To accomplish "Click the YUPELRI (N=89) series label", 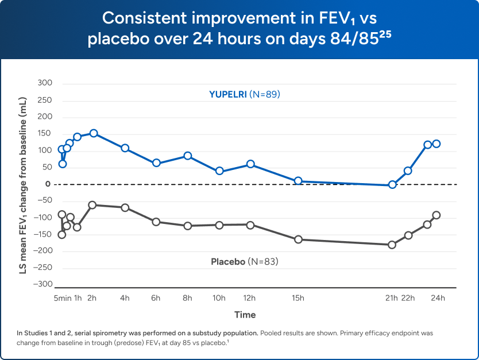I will (x=244, y=94).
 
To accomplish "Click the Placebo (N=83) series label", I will (x=244, y=262).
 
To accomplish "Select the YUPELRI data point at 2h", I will (x=94, y=133).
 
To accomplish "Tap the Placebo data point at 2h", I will (x=92, y=205).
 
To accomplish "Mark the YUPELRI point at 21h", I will (x=392, y=185).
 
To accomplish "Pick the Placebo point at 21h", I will (x=392, y=245).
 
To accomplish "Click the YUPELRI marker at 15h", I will (x=298, y=181).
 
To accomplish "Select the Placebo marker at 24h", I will (x=436, y=215).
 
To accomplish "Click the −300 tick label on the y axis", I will (x=43, y=285).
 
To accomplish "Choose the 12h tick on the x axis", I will (x=250, y=298).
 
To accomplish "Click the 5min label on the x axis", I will (x=63, y=298).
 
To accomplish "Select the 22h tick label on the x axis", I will (x=408, y=298).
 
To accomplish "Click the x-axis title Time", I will (x=245, y=315).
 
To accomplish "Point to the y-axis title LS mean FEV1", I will (x=24, y=184).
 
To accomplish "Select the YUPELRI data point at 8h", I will (x=187, y=156).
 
